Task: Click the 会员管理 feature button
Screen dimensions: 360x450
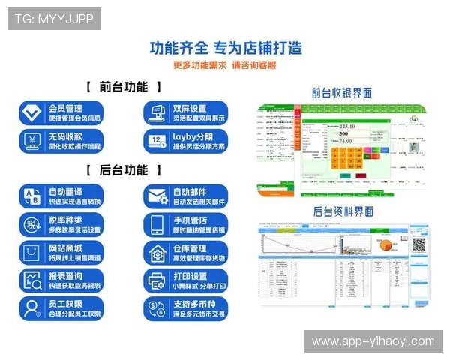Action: (61, 112)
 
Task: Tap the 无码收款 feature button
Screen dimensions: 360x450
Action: (61, 141)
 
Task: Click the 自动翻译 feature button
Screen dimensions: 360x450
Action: (61, 196)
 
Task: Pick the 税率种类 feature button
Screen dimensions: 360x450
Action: (61, 224)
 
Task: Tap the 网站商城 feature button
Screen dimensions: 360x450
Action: (61, 252)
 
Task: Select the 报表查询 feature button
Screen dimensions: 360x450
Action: (61, 280)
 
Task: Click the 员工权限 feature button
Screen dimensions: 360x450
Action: (61, 307)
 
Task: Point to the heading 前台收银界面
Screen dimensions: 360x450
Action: (342, 93)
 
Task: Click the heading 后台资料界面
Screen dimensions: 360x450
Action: (342, 212)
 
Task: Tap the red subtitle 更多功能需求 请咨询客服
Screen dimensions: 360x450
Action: (225, 65)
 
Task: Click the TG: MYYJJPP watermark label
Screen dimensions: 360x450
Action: (54, 19)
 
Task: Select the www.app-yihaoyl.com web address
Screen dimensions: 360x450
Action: (373, 341)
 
